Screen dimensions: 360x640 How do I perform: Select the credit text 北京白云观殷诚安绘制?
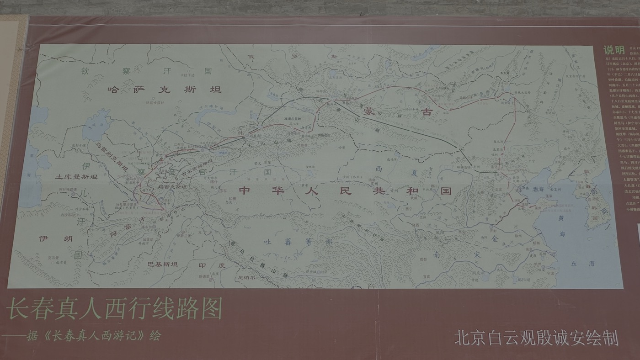coord(536,338)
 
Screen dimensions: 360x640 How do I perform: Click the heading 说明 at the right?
coord(613,50)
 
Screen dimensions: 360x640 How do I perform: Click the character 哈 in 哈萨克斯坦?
coord(113,90)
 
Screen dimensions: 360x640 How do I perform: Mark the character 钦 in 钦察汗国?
coord(85,71)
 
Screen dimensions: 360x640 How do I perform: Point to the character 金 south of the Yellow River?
coord(494,238)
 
